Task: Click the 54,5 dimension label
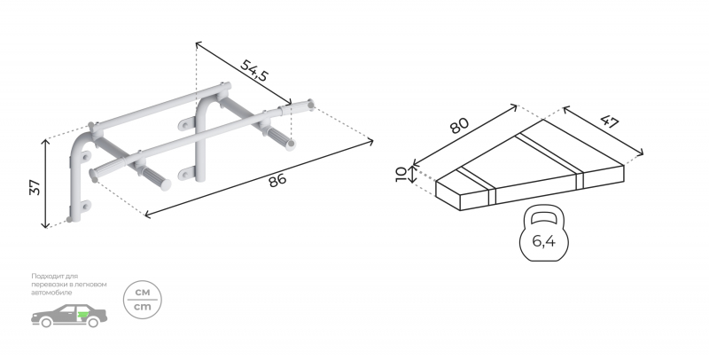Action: coord(253,70)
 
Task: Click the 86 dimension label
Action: coord(277,180)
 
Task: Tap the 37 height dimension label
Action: coord(35,187)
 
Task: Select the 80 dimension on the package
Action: coord(459,125)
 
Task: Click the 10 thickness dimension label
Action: coord(401,174)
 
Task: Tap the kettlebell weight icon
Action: coord(543,233)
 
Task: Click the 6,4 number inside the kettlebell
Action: coord(543,242)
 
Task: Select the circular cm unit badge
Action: coord(143,300)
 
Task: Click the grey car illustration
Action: coord(69,316)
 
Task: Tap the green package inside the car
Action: coord(82,314)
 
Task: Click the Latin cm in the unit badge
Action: coord(143,307)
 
